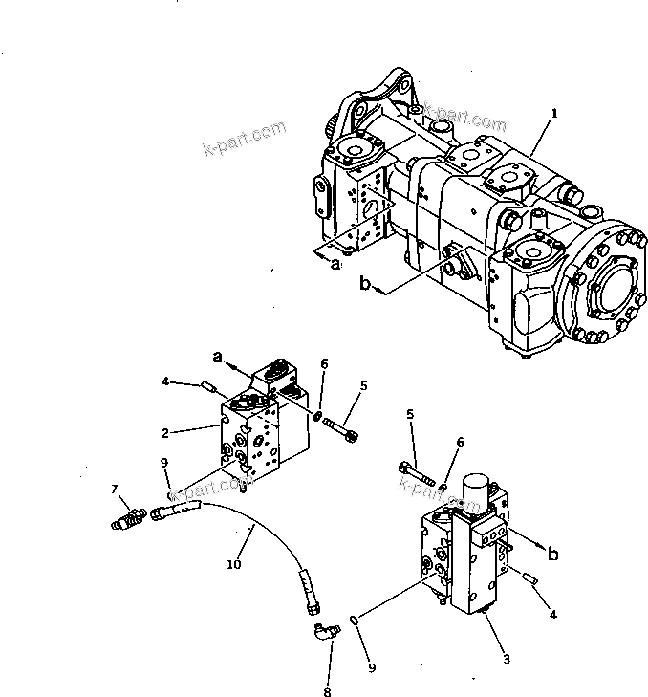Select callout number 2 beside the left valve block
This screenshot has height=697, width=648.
166,433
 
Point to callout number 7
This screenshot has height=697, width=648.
114,490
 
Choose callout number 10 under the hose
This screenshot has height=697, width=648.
233,564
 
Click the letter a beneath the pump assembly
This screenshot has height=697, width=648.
335,265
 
